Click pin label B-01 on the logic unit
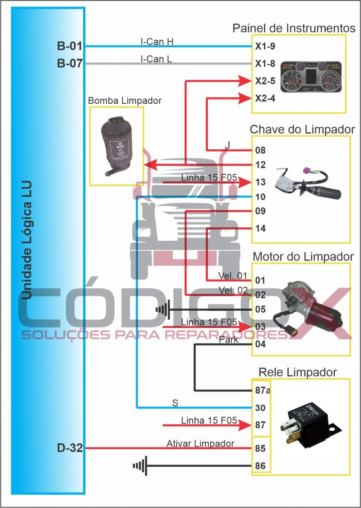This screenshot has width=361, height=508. (70, 46)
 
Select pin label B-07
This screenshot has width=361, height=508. (70, 63)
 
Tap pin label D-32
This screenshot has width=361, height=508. (70, 448)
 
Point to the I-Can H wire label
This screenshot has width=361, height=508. (157, 41)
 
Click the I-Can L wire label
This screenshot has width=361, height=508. (157, 59)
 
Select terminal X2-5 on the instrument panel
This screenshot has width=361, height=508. (265, 81)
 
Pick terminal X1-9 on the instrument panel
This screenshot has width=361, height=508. (265, 46)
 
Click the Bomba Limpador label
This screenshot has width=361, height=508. (125, 101)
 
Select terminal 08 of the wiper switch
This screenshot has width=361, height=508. (260, 151)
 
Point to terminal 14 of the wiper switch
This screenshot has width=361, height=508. (260, 229)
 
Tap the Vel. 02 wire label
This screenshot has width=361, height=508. (233, 290)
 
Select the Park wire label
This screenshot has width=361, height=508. (228, 339)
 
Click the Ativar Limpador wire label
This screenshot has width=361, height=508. (200, 444)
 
